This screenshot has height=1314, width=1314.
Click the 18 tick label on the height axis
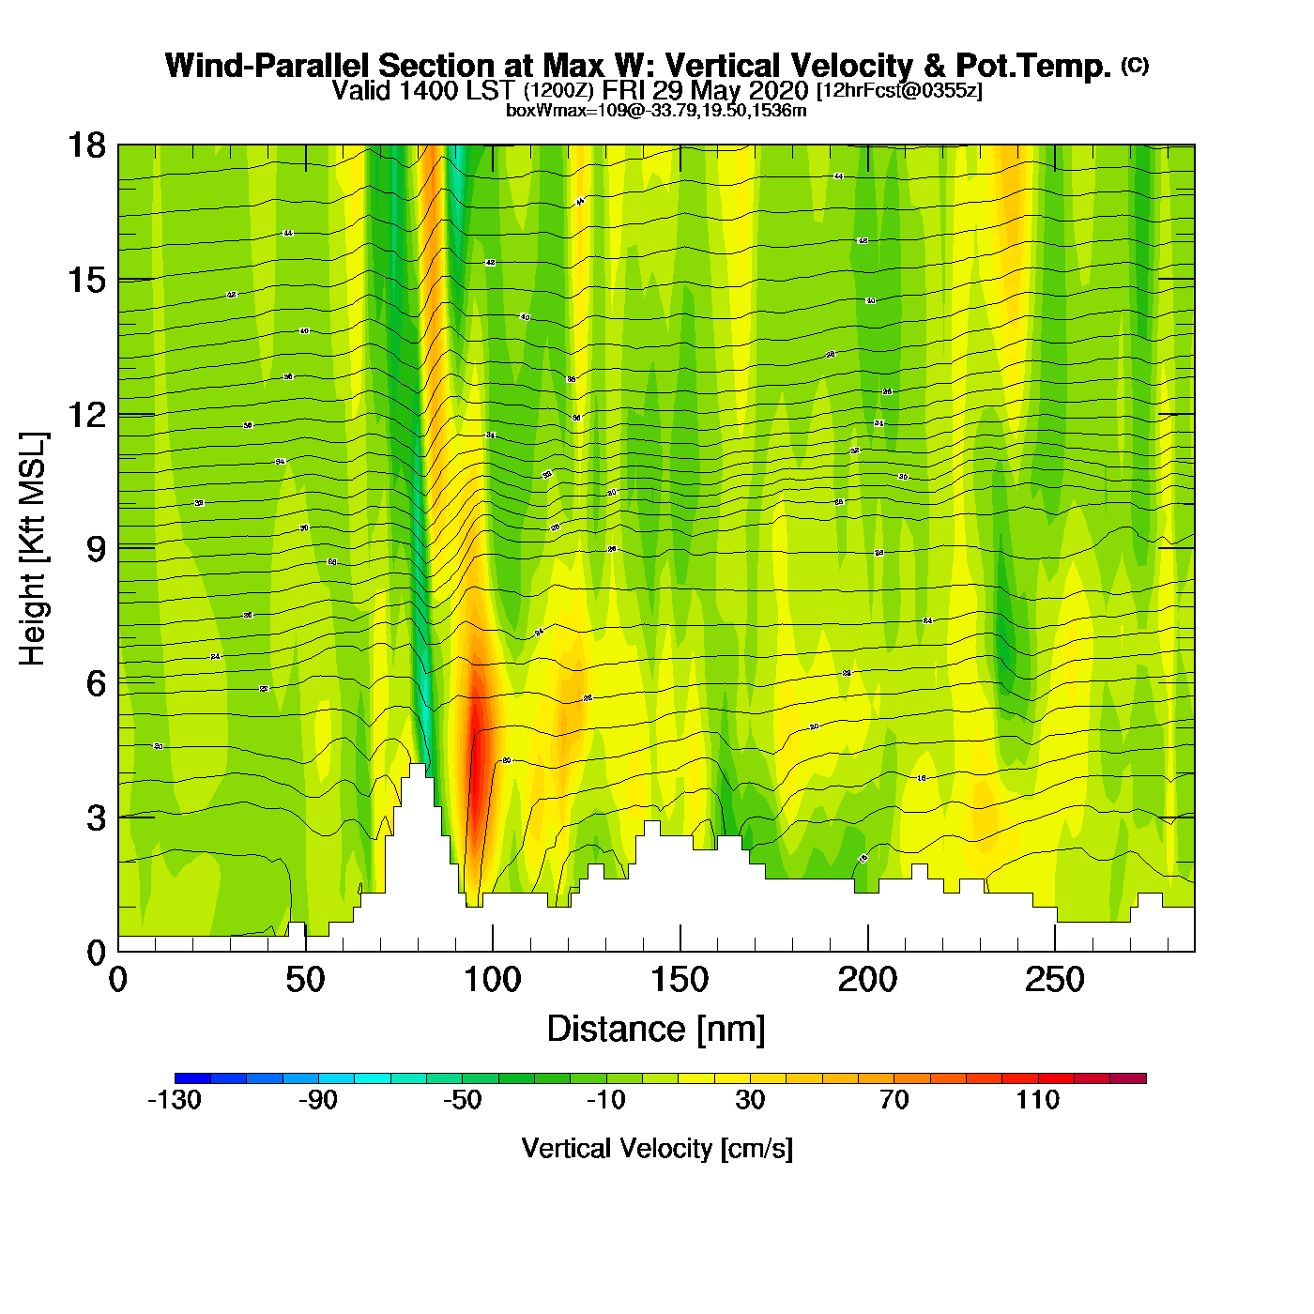pyautogui.click(x=85, y=145)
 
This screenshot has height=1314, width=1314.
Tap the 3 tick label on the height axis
pyautogui.click(x=96, y=817)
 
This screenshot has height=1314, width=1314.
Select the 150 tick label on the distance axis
pyautogui.click(x=680, y=981)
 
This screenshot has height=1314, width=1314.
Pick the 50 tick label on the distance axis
pyautogui.click(x=305, y=981)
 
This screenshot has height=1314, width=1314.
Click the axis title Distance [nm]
pyautogui.click(x=656, y=1029)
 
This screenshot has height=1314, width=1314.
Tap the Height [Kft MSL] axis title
pyautogui.click(x=33, y=549)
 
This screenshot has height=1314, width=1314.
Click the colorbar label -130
pyautogui.click(x=175, y=1100)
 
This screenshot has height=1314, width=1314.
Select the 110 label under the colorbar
pyautogui.click(x=1037, y=1100)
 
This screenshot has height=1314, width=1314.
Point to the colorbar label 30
pyautogui.click(x=750, y=1100)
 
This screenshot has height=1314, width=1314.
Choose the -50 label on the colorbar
pyautogui.click(x=462, y=1100)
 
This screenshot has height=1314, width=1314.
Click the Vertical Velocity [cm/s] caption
pyautogui.click(x=657, y=1148)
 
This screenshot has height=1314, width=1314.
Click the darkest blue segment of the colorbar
pyautogui.click(x=192, y=1078)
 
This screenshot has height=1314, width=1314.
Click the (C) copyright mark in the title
pyautogui.click(x=1135, y=65)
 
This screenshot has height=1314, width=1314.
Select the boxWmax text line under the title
pyautogui.click(x=656, y=110)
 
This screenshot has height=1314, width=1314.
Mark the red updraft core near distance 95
pyautogui.click(x=477, y=770)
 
